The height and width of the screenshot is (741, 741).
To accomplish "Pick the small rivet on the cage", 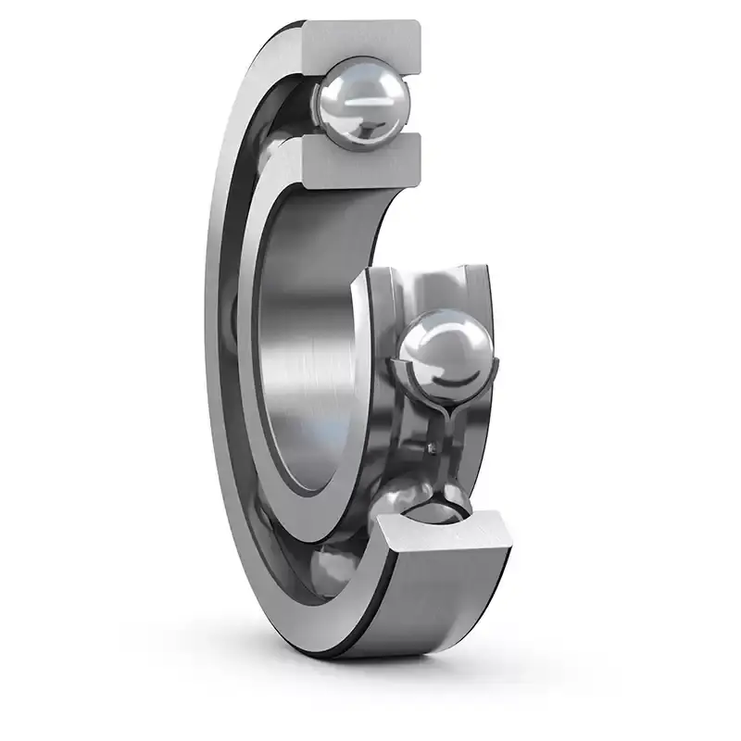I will pyautogui.click(x=432, y=449).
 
